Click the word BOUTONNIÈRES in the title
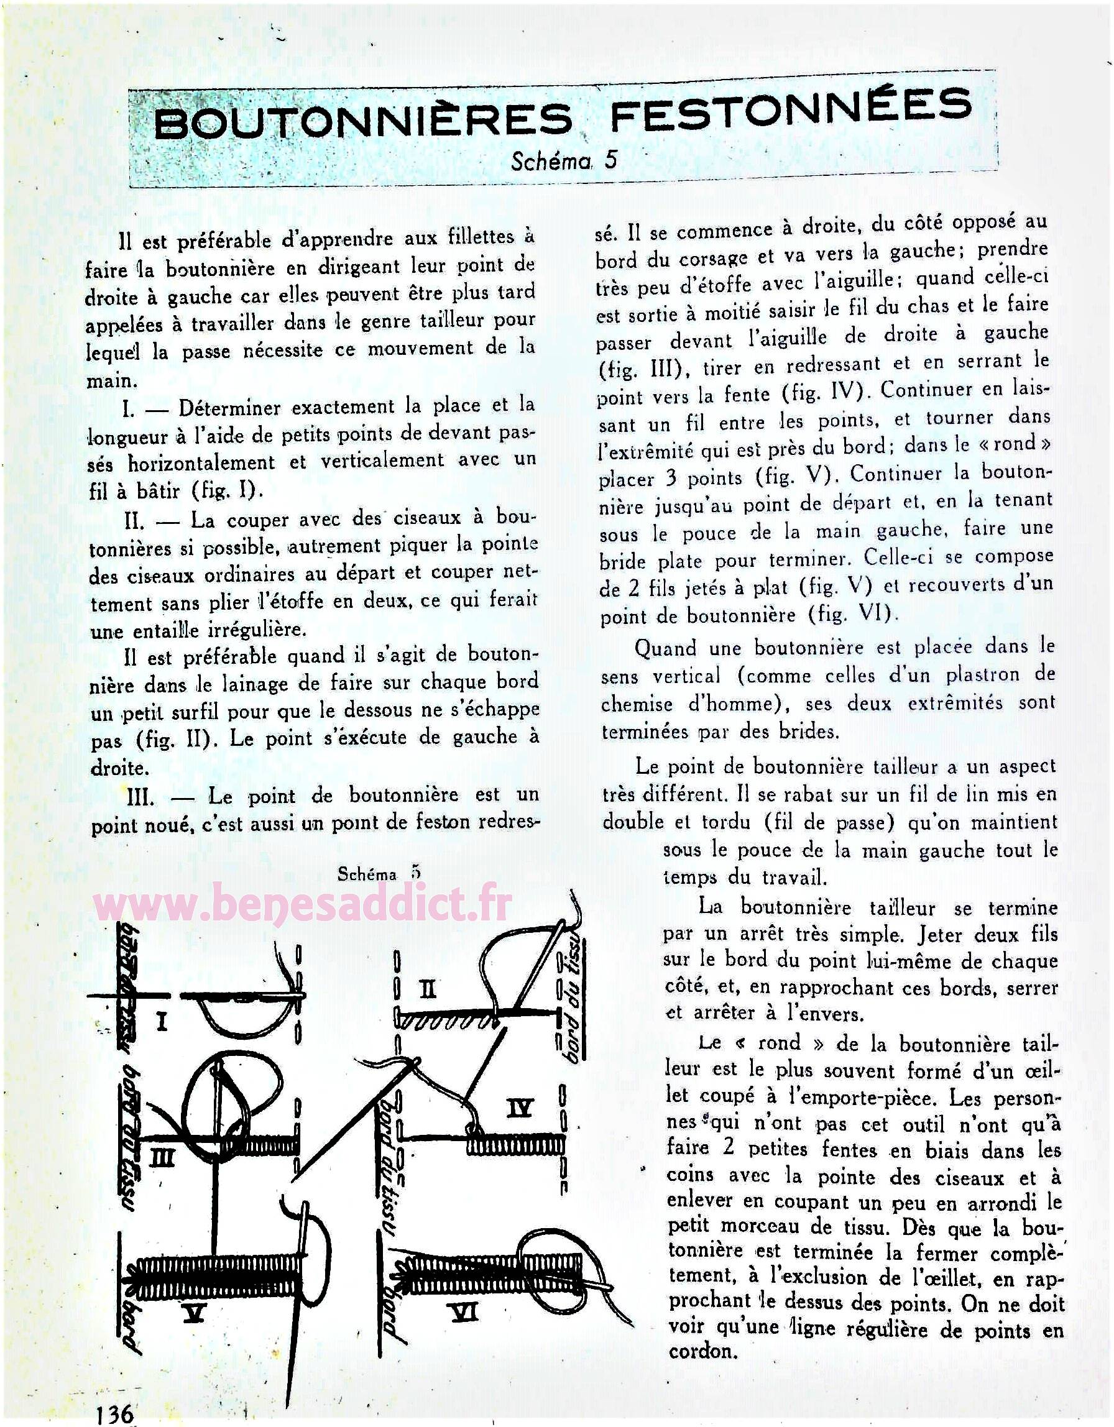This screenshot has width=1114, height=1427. (x=362, y=121)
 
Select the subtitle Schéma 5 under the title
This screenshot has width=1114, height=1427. (x=563, y=160)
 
